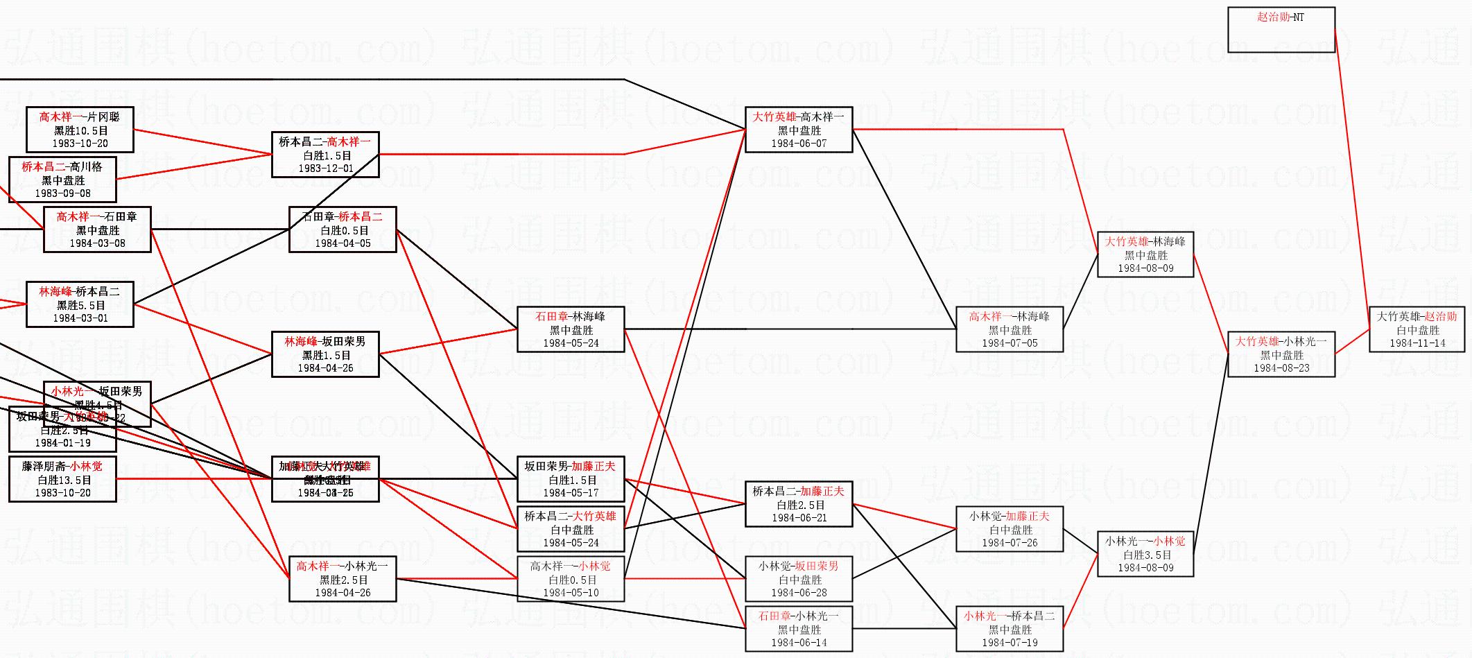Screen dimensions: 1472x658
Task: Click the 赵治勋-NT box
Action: click(x=1281, y=29)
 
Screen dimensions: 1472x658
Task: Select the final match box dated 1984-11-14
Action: click(x=1417, y=329)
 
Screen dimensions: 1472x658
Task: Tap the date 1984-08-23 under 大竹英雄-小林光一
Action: click(x=1281, y=368)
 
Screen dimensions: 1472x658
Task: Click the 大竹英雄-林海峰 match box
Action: click(x=1145, y=254)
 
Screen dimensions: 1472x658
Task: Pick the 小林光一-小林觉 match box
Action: click(x=1145, y=554)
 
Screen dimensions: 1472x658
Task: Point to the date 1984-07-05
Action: click(x=1010, y=343)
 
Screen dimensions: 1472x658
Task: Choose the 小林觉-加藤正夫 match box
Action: click(x=1010, y=529)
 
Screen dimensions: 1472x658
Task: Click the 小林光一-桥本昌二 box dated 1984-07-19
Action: click(x=1010, y=629)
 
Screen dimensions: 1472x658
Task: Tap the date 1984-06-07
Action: click(x=799, y=144)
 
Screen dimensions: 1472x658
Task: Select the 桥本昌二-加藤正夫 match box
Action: click(x=799, y=504)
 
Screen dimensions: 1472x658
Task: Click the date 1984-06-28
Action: click(x=799, y=593)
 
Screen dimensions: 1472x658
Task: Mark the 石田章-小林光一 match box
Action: click(x=799, y=629)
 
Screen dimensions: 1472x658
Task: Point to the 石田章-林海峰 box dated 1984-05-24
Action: click(x=571, y=329)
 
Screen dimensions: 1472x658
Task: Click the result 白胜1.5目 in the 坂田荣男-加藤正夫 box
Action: click(x=571, y=480)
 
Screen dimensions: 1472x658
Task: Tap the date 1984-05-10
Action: click(x=571, y=593)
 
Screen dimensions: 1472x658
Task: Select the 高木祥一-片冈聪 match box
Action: click(x=80, y=130)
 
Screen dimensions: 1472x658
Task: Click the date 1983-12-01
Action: click(x=325, y=168)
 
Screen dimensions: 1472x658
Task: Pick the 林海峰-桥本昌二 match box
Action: click(x=80, y=304)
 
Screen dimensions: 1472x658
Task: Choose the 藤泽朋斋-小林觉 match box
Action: click(x=62, y=479)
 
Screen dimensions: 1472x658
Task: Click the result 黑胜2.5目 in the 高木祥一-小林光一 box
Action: click(x=343, y=580)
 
